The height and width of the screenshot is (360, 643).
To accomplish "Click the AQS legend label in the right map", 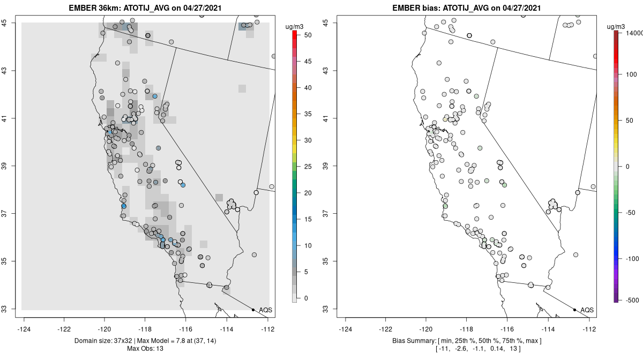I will (587, 310).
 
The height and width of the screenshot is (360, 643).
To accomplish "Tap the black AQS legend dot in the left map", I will (253, 310).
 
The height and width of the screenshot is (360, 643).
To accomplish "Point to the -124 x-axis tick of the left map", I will (24, 329).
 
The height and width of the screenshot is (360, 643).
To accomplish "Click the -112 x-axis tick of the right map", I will (589, 329).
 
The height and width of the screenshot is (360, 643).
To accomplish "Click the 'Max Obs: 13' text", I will (145, 349).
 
